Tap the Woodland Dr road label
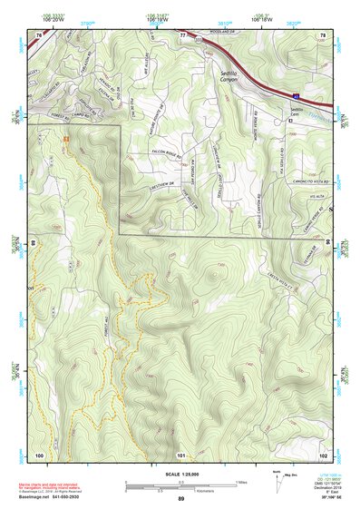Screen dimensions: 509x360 pos(215,37)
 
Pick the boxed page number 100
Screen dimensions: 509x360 pos(38,455)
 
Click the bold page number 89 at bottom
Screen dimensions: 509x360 pos(180,500)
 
